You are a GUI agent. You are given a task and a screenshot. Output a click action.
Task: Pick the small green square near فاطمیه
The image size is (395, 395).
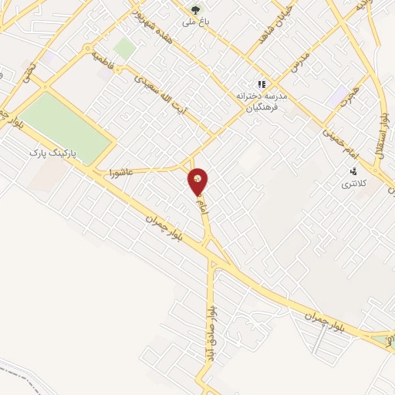coord(124,49)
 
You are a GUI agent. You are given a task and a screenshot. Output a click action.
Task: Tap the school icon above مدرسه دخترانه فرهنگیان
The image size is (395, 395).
coord(262,83)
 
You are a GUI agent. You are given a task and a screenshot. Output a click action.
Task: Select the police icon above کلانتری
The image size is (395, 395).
coord(354,171)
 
